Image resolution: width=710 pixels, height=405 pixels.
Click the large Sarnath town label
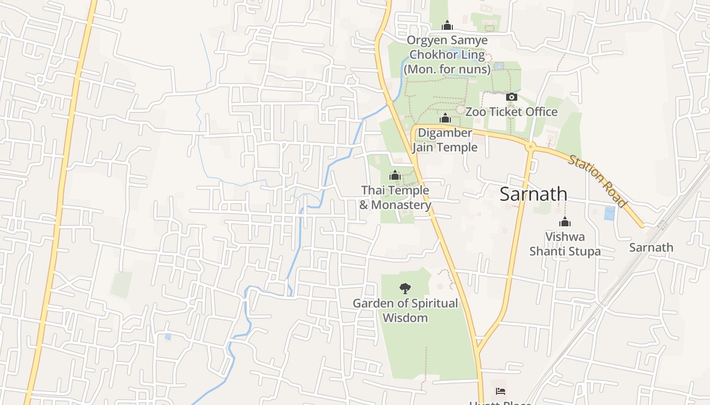pos(533,194)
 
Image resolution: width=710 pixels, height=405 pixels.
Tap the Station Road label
pos(597,181)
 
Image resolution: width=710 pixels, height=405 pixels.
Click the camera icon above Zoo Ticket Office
pos(511,97)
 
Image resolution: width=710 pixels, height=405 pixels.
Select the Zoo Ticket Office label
pos(511,112)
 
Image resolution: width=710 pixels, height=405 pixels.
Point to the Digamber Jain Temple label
pos(445,140)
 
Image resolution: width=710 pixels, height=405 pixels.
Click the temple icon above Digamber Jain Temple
pos(445,118)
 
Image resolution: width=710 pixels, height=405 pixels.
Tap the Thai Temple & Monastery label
pos(395,197)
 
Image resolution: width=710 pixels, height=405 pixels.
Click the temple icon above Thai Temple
pos(395,176)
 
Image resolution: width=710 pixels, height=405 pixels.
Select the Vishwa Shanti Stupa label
pos(565,244)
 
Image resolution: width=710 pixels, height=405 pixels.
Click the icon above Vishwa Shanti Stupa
pos(565,222)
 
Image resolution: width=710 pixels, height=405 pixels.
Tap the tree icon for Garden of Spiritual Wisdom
pos(405,289)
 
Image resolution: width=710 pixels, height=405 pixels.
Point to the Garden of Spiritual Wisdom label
pos(405,310)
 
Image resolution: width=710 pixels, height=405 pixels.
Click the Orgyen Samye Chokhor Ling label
pos(447,54)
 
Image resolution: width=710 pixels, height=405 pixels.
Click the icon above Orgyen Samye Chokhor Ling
pos(447,25)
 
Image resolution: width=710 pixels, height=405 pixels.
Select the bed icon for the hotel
pos(501,391)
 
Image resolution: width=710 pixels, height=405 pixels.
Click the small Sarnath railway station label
pos(651,248)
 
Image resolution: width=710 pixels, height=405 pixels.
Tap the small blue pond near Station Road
pos(609,213)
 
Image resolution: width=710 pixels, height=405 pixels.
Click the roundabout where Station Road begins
pos(530,147)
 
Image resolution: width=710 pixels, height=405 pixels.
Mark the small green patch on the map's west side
pos(121,285)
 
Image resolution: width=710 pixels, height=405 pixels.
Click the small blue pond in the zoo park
pos(499,66)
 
